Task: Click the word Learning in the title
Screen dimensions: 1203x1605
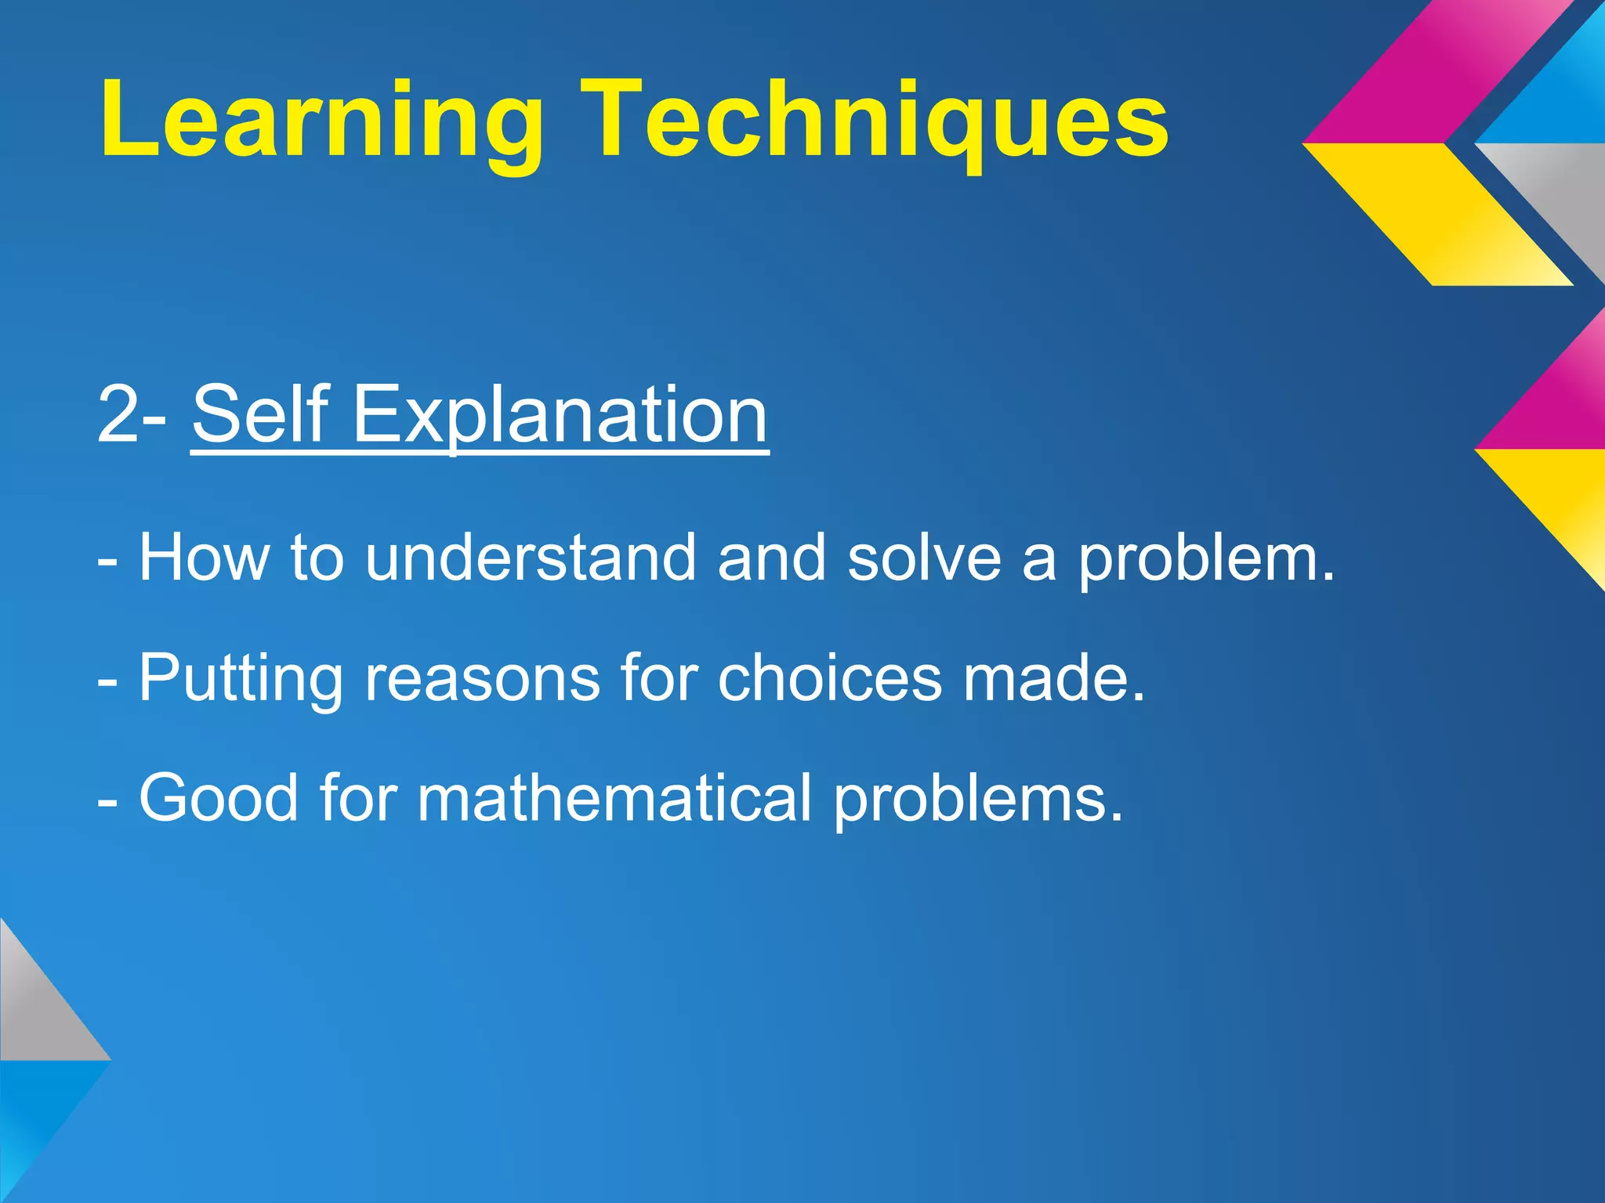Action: (321, 121)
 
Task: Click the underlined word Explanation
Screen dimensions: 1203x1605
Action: (560, 415)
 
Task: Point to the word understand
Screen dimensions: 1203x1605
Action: (531, 558)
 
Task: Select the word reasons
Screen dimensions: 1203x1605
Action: (483, 678)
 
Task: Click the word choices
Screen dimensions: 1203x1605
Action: (829, 678)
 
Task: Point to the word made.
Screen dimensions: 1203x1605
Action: (1054, 678)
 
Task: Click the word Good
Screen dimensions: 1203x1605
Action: (219, 798)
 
